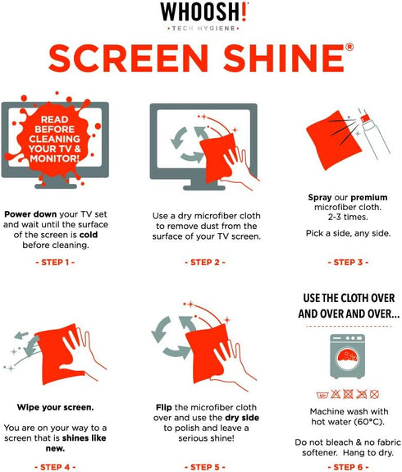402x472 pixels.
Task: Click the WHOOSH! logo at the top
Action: [x=204, y=12]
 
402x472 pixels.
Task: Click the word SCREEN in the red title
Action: [x=129, y=58]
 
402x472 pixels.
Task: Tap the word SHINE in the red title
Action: [x=284, y=58]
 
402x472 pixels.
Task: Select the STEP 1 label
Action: [x=55, y=262]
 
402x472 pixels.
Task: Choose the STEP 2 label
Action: [x=205, y=262]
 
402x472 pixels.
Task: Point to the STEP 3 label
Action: [x=348, y=262]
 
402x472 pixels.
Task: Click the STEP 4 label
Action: [x=55, y=467]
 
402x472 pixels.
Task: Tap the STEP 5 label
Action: [x=205, y=467]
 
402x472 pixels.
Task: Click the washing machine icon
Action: [x=348, y=356]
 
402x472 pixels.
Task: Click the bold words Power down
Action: [x=30, y=214]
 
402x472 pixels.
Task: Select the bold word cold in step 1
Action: [x=89, y=235]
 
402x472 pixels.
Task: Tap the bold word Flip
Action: [x=164, y=408]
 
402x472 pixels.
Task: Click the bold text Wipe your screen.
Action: [x=55, y=408]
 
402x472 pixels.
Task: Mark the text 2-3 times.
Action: [x=348, y=217]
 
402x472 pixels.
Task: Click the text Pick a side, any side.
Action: [x=348, y=233]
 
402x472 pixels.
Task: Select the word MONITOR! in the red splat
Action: [x=55, y=158]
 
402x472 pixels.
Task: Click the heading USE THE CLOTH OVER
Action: [x=349, y=298]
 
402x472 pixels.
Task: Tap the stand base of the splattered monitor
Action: [x=56, y=186]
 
